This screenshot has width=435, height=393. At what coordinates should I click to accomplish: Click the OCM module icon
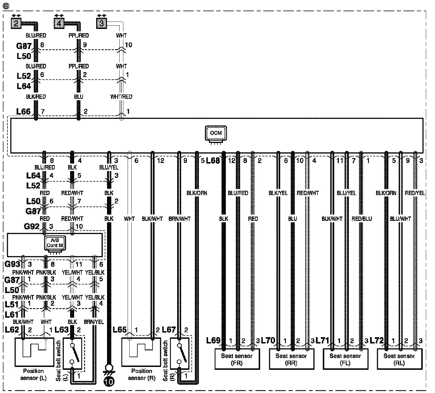[x=215, y=133]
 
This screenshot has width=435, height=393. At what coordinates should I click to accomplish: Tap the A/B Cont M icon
[x=55, y=244]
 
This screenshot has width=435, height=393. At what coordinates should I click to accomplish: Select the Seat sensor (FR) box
[x=237, y=359]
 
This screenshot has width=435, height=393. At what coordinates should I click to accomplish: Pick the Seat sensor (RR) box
[x=291, y=359]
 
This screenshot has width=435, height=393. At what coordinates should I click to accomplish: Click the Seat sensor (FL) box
[x=345, y=359]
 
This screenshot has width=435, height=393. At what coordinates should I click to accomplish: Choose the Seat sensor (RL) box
[x=399, y=359]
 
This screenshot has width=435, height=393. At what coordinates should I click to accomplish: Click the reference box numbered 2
[x=16, y=23]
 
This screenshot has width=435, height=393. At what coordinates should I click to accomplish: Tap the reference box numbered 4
[x=59, y=23]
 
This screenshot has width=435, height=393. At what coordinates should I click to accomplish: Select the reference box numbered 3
[x=102, y=23]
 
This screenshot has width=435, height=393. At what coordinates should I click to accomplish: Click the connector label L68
[x=213, y=160]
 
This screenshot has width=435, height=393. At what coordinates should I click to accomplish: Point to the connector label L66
[x=23, y=111]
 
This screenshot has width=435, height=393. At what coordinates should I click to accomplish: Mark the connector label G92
[x=32, y=227]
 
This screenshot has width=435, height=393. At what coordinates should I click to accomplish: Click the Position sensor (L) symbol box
[x=34, y=352]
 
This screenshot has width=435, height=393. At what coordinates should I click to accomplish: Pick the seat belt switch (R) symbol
[x=179, y=353]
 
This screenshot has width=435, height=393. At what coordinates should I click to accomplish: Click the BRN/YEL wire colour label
[x=94, y=322]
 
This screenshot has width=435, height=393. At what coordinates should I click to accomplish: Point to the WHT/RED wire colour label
[x=121, y=97]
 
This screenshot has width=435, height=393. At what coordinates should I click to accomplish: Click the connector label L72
[x=377, y=341]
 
